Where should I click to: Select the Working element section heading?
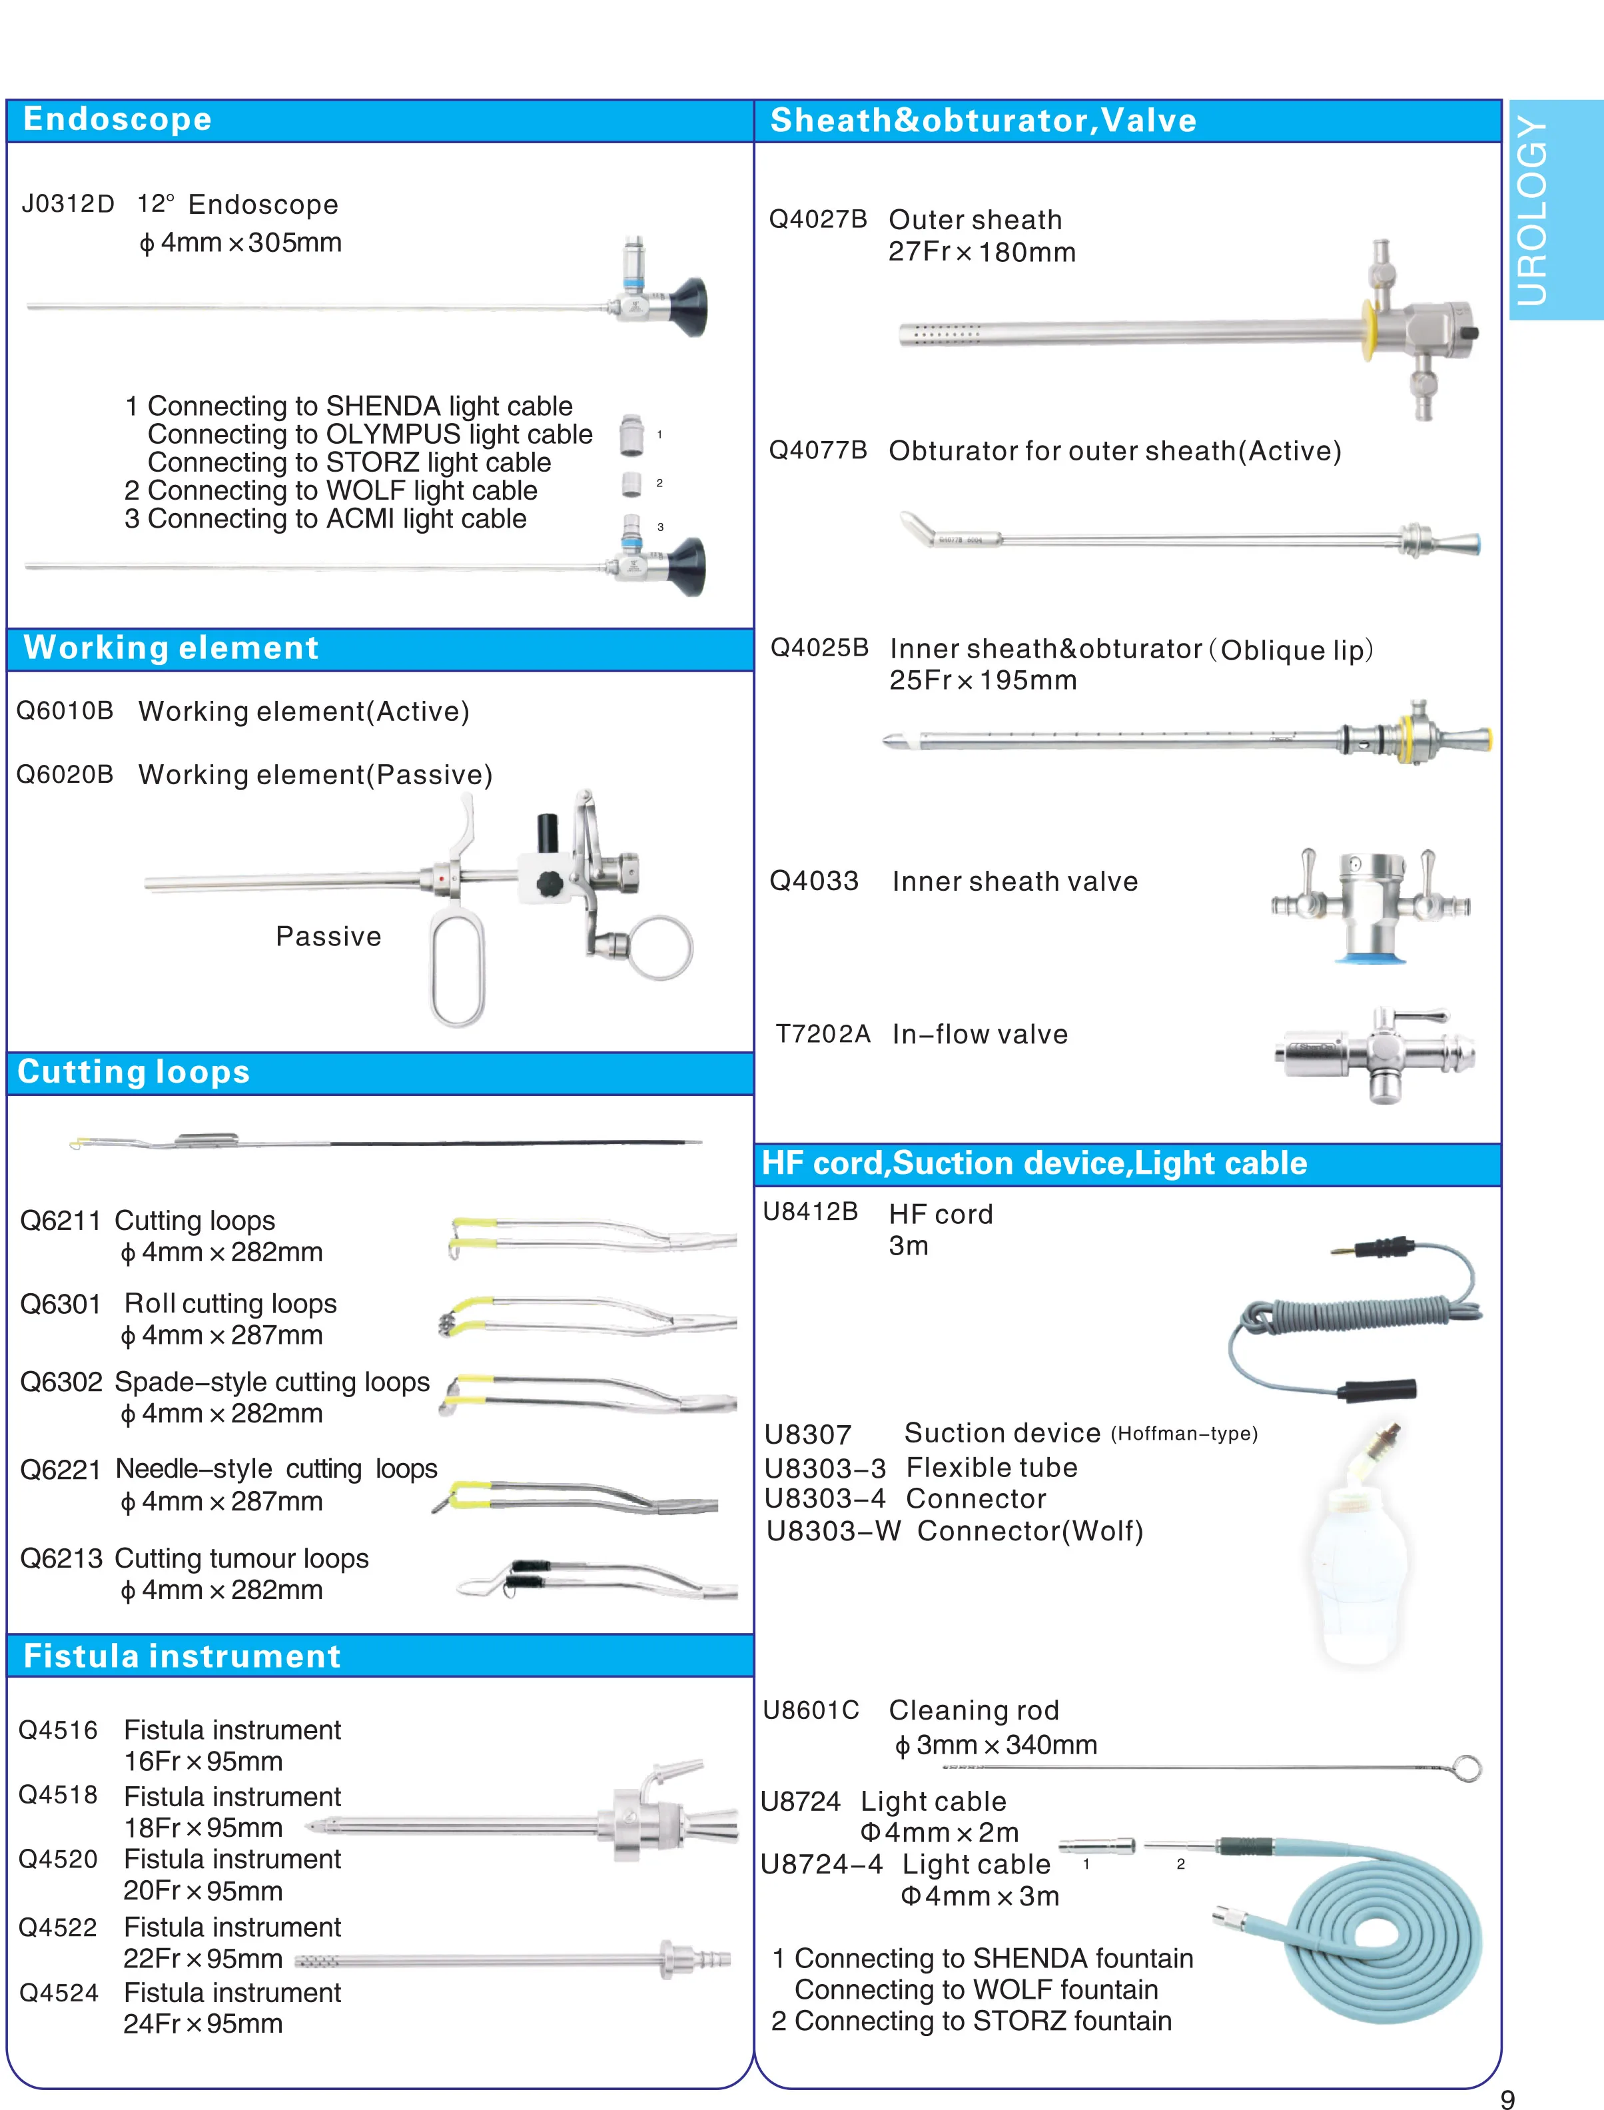coord(171,648)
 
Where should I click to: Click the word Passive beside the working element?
coord(328,937)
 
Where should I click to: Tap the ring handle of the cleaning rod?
coord(1467,1768)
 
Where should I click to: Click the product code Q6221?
coord(60,1469)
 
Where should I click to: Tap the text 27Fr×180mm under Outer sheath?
coord(981,253)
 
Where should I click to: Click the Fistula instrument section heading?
coord(181,1656)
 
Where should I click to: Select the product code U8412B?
coord(809,1212)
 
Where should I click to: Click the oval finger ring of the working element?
coord(458,968)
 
